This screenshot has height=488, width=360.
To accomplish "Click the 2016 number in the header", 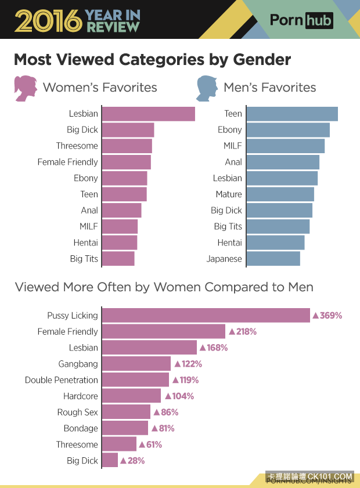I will pos(48,21).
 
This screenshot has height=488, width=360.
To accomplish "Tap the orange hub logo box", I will pos(319,21).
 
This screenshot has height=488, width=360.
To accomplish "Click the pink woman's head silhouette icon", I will pos(26,88).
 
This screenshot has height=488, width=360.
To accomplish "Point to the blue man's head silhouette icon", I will pos(206,88).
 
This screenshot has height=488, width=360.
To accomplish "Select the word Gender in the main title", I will pos(262,60).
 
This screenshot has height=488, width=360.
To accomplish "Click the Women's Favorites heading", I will pos(100,88).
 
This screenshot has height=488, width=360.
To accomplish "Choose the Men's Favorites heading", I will pos(270,88).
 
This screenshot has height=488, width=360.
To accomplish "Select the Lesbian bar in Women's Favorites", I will pos(149,114).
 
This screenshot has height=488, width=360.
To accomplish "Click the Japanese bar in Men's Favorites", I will pos(273,259).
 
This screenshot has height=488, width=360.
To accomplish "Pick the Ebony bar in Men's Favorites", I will pos(289,130).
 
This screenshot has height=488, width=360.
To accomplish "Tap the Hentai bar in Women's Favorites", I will pos(120,243).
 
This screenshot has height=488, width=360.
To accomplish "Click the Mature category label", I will pos(229,194).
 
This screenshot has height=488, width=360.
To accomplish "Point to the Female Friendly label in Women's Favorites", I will pos(67,162).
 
